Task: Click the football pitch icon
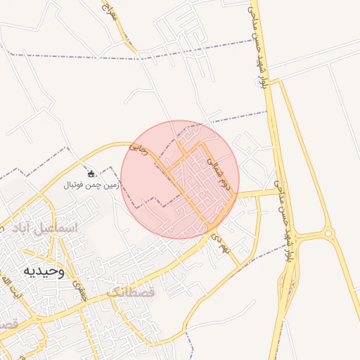click(90, 174)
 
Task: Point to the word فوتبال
click(75, 186)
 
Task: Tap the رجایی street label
click(140, 150)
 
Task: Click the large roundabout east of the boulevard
click(327, 233)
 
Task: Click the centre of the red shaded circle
click(180, 180)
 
